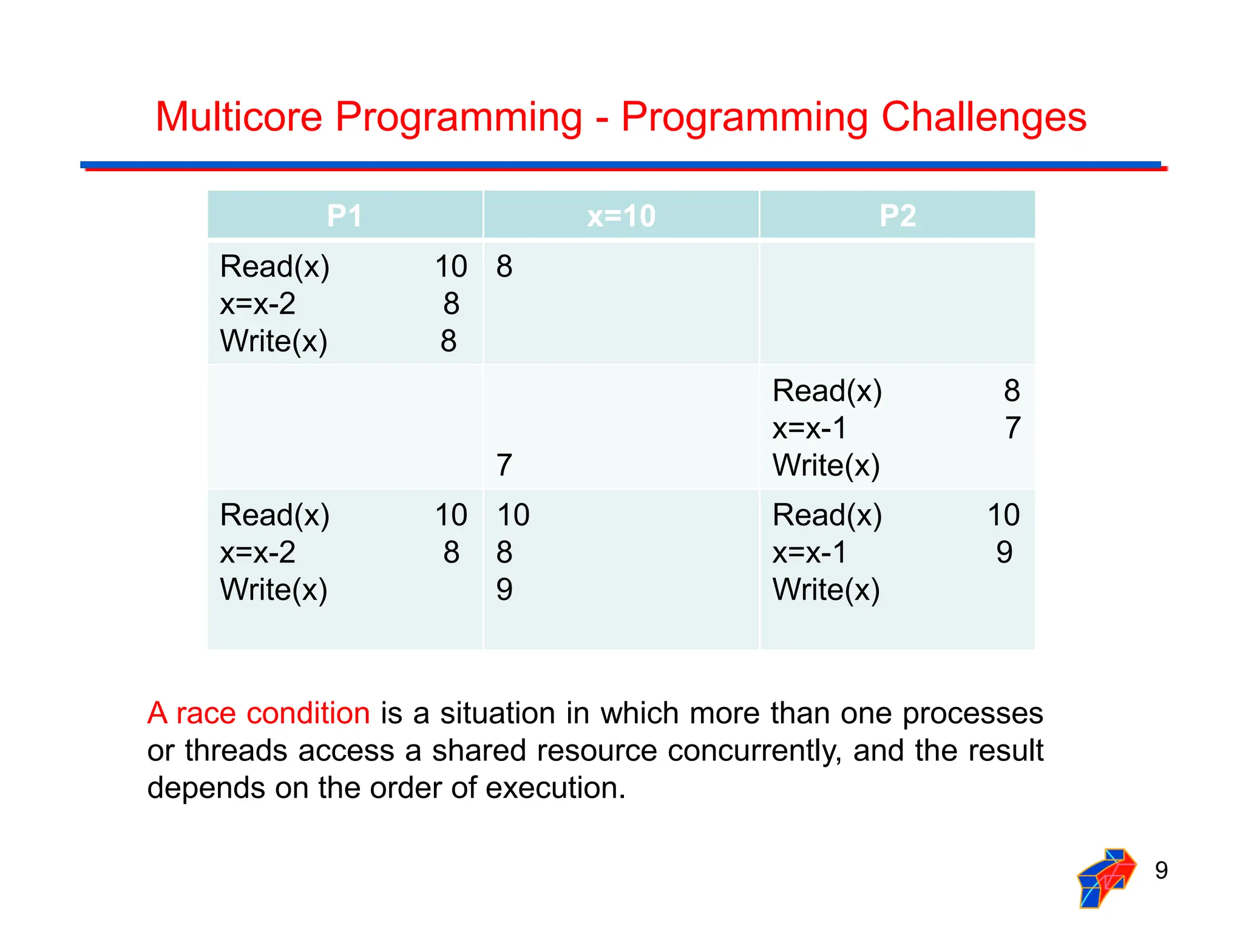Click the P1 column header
tap(344, 215)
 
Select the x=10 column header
tap(621, 215)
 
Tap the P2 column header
tap(897, 215)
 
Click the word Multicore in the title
tap(239, 116)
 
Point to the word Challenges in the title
tap(983, 116)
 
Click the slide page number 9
tap(1160, 870)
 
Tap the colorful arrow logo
tap(1106, 877)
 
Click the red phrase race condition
tap(273, 713)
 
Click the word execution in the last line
tap(555, 788)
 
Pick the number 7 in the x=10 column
tap(504, 465)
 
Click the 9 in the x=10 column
tap(504, 590)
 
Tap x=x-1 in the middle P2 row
tap(808, 428)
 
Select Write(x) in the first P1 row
tap(273, 341)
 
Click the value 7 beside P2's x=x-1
tap(1012, 428)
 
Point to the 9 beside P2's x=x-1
tap(1004, 552)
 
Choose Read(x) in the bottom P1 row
tap(274, 515)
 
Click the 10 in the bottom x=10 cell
tap(513, 515)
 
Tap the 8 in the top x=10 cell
tap(504, 266)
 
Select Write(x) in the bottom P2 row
tap(825, 590)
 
